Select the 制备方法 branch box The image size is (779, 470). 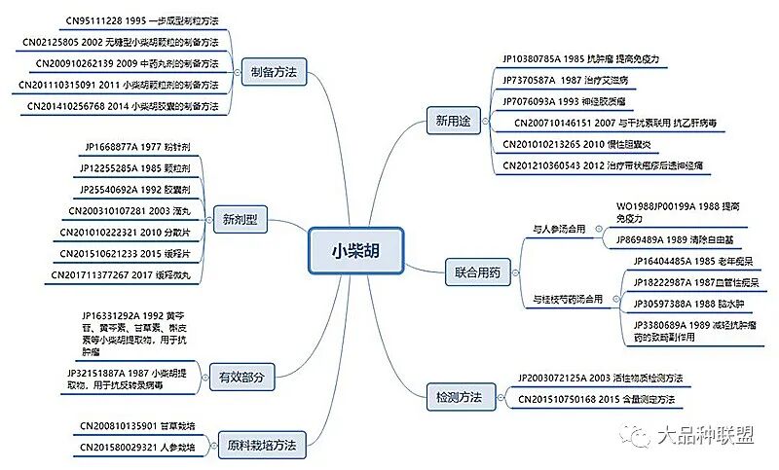coord(274,72)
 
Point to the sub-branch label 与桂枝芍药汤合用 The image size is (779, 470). coord(569,298)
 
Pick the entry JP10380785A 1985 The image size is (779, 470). coord(580,58)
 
